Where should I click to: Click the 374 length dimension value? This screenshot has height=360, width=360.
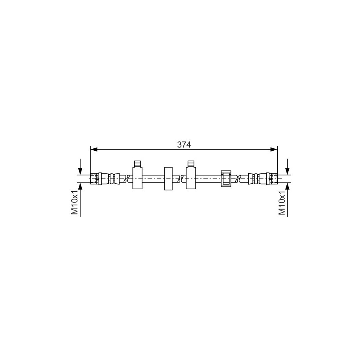click(x=184, y=144)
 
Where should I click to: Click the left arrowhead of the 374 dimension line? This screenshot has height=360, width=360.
click(x=94, y=150)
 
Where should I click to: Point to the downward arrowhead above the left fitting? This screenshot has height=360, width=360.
click(x=80, y=171)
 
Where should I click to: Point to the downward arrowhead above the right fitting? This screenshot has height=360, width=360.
click(x=288, y=171)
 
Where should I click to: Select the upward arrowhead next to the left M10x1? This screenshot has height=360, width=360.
click(x=80, y=186)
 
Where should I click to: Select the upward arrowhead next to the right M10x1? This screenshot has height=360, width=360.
click(x=288, y=186)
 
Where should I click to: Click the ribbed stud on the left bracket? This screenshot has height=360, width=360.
click(x=137, y=164)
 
